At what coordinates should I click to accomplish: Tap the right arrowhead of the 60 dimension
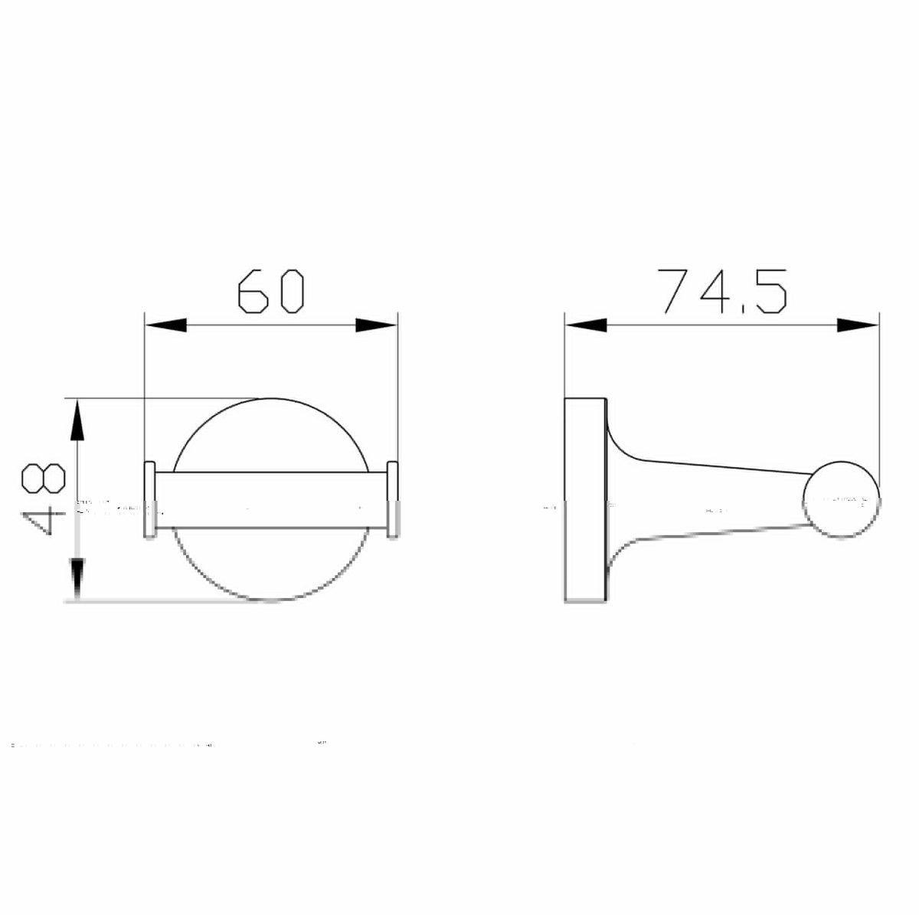point(376,325)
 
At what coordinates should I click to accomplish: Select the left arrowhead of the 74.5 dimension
point(586,325)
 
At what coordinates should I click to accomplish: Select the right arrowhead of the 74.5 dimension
point(858,325)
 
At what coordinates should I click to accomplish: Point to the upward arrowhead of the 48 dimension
point(77,420)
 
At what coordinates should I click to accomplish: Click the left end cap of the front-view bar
point(150,500)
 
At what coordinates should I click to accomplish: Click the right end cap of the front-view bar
point(393,500)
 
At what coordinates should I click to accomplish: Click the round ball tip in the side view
point(841,500)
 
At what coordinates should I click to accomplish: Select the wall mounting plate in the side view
point(585,500)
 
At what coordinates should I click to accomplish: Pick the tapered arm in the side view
point(712,498)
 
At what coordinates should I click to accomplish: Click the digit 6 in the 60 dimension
point(253,291)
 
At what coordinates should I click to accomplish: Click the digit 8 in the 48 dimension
point(43,480)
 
